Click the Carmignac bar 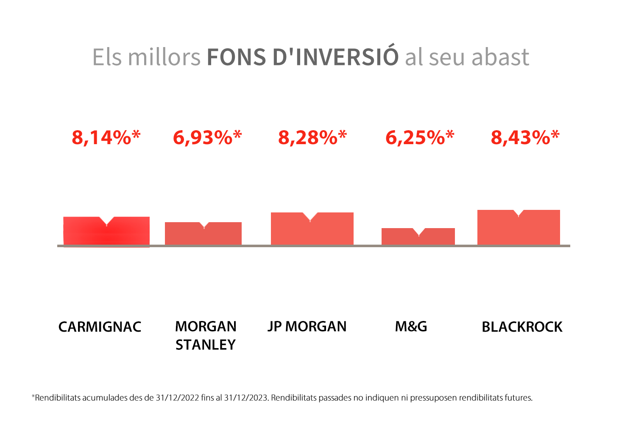click(106, 232)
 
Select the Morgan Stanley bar click(203, 234)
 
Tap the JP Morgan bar click(312, 230)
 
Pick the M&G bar click(418, 237)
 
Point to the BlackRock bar click(519, 229)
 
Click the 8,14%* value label click(106, 137)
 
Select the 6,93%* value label click(207, 137)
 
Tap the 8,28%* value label click(312, 137)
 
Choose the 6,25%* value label click(420, 137)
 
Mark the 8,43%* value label click(525, 137)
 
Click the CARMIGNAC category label click(100, 327)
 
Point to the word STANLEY click(206, 345)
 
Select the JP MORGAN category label click(307, 326)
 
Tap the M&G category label click(411, 326)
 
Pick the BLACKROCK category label click(522, 327)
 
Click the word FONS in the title click(236, 57)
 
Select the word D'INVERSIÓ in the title click(335, 57)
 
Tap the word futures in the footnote click(519, 398)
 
